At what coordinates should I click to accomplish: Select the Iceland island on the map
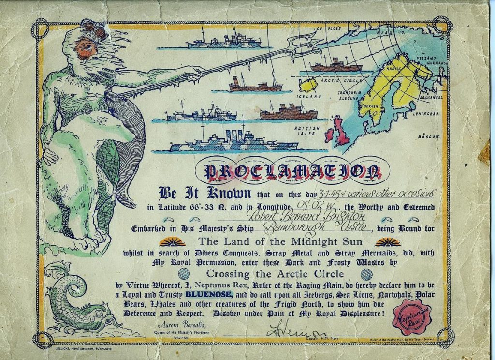tap(308, 86)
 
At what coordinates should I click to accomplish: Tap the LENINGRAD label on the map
tap(426, 114)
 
